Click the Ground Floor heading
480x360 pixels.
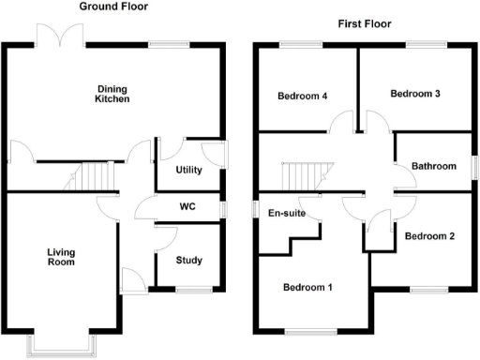pyautogui.click(x=112, y=7)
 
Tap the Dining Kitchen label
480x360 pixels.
pyautogui.click(x=112, y=95)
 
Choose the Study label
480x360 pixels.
pyautogui.click(x=189, y=260)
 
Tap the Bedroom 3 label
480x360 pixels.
pyautogui.click(x=415, y=94)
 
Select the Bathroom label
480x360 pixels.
pyautogui.click(x=433, y=167)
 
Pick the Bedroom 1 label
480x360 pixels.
pyautogui.click(x=308, y=287)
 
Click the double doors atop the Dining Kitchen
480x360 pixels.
pyautogui.click(x=60, y=37)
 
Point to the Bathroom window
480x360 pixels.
pyautogui.click(x=472, y=166)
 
